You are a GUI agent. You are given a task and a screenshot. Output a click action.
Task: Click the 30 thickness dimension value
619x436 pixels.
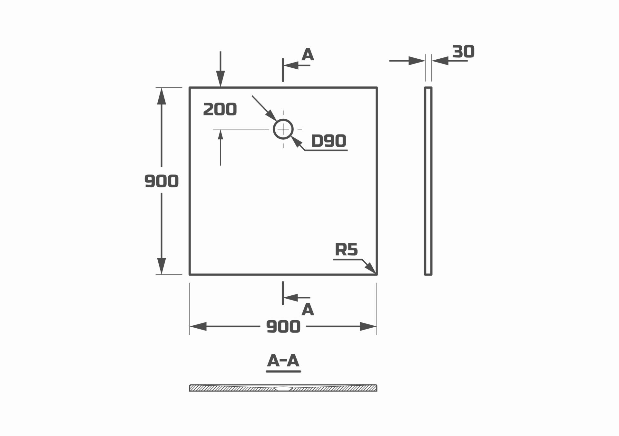[463, 52]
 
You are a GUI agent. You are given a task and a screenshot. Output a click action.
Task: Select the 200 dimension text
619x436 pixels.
[220, 110]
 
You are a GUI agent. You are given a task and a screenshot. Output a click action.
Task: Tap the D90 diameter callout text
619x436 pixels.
[329, 141]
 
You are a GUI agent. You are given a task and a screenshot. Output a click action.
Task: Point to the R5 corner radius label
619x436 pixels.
[346, 250]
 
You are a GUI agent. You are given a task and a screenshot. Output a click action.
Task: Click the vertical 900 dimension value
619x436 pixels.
[161, 181]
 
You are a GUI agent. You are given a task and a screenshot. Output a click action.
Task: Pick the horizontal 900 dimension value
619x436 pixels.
[283, 327]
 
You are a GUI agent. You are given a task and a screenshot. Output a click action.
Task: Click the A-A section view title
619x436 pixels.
[283, 361]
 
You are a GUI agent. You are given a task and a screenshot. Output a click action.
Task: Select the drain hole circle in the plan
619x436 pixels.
[283, 129]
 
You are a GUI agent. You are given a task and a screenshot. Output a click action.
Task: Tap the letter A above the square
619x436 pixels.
[308, 55]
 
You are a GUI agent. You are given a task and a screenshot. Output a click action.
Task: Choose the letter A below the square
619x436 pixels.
[308, 310]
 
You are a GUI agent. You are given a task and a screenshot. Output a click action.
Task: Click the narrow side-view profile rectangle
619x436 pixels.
[428, 181]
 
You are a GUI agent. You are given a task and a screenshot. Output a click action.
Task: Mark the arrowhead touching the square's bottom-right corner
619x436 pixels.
[371, 268]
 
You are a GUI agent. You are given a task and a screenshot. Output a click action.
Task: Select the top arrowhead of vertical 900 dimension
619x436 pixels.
[161, 96]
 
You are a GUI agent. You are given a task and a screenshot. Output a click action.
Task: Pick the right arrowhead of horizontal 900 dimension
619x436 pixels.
[368, 327]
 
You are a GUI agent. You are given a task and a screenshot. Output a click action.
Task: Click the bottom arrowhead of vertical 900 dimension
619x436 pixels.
[161, 266]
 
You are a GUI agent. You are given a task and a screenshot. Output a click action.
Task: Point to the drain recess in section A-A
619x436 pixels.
[283, 389]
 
